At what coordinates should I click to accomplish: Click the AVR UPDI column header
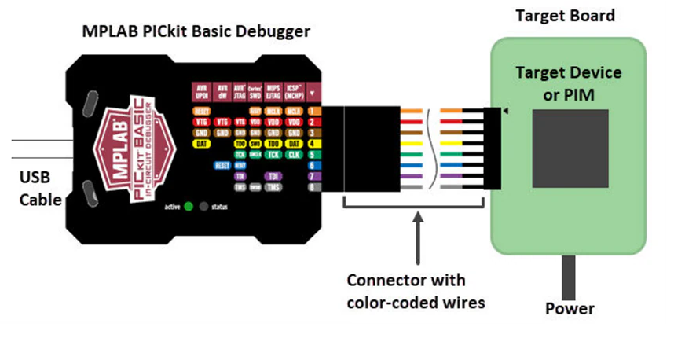click(x=201, y=90)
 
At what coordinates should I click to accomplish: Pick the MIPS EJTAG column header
click(x=273, y=90)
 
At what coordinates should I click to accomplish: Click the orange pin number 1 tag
click(x=313, y=111)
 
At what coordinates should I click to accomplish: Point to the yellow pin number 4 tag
click(x=313, y=144)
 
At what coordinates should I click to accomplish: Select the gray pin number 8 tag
click(x=313, y=188)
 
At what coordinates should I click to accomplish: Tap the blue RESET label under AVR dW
click(x=222, y=166)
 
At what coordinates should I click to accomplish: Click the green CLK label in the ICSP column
click(x=294, y=155)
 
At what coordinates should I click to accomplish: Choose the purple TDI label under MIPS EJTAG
click(x=273, y=177)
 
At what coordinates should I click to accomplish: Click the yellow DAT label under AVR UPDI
click(x=201, y=144)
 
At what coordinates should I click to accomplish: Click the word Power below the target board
click(x=570, y=308)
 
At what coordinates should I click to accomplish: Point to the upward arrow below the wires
click(x=416, y=240)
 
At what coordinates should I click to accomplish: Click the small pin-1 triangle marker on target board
click(x=504, y=112)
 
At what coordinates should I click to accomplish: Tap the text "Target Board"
click(x=565, y=15)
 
